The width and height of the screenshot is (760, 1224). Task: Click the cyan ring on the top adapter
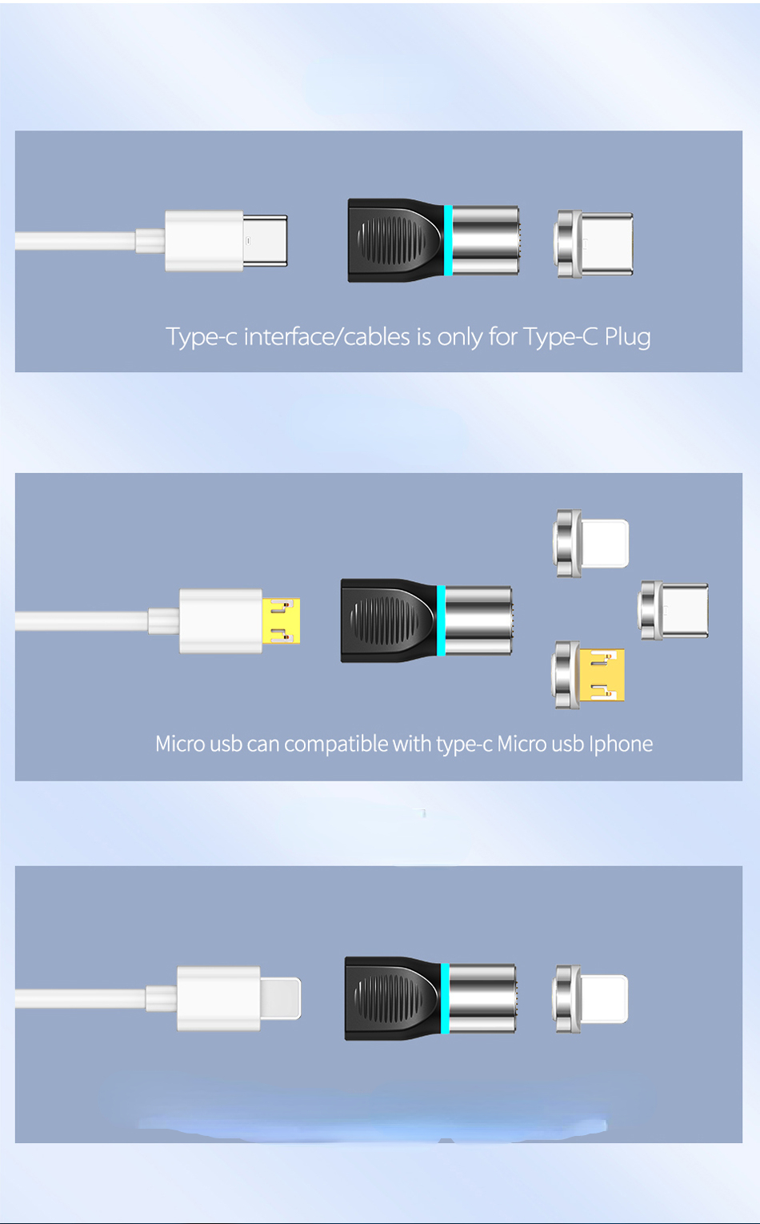click(x=448, y=240)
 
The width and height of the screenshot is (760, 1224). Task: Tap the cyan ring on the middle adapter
click(x=441, y=620)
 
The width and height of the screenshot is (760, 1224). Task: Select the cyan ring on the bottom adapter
click(x=445, y=998)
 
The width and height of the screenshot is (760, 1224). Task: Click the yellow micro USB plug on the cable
click(x=281, y=620)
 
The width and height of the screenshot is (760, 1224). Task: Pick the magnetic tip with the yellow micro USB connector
click(x=588, y=676)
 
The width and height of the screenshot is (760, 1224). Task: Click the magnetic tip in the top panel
click(x=594, y=243)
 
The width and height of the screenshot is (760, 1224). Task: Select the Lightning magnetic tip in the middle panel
click(x=591, y=544)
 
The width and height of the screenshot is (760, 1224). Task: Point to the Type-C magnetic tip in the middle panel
click(x=674, y=610)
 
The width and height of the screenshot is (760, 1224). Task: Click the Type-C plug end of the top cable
click(x=265, y=241)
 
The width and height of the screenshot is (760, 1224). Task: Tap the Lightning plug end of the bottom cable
click(x=280, y=998)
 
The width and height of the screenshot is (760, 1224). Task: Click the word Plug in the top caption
click(x=627, y=338)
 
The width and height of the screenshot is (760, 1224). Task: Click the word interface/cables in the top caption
click(x=326, y=336)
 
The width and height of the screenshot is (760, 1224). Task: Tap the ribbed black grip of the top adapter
click(x=391, y=240)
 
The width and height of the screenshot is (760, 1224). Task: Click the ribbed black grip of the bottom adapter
click(x=388, y=998)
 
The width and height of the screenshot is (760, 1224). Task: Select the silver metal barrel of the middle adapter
click(x=479, y=620)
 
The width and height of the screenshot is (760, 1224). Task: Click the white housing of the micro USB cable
click(x=221, y=620)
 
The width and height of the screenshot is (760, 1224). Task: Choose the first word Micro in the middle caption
click(x=180, y=744)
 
